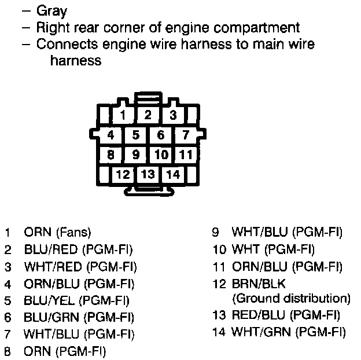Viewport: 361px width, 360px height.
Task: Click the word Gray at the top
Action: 51,11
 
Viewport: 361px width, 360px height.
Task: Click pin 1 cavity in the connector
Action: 123,115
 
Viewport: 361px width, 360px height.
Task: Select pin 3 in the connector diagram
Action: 173,115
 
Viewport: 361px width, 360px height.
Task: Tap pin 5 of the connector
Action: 135,135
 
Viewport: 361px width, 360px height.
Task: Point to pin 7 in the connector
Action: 185,135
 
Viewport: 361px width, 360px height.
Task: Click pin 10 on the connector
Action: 161,155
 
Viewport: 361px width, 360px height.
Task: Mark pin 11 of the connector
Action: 185,155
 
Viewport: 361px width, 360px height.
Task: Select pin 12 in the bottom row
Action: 123,174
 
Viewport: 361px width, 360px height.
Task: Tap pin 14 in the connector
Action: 173,174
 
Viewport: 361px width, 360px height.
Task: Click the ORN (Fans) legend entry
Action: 57,233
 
